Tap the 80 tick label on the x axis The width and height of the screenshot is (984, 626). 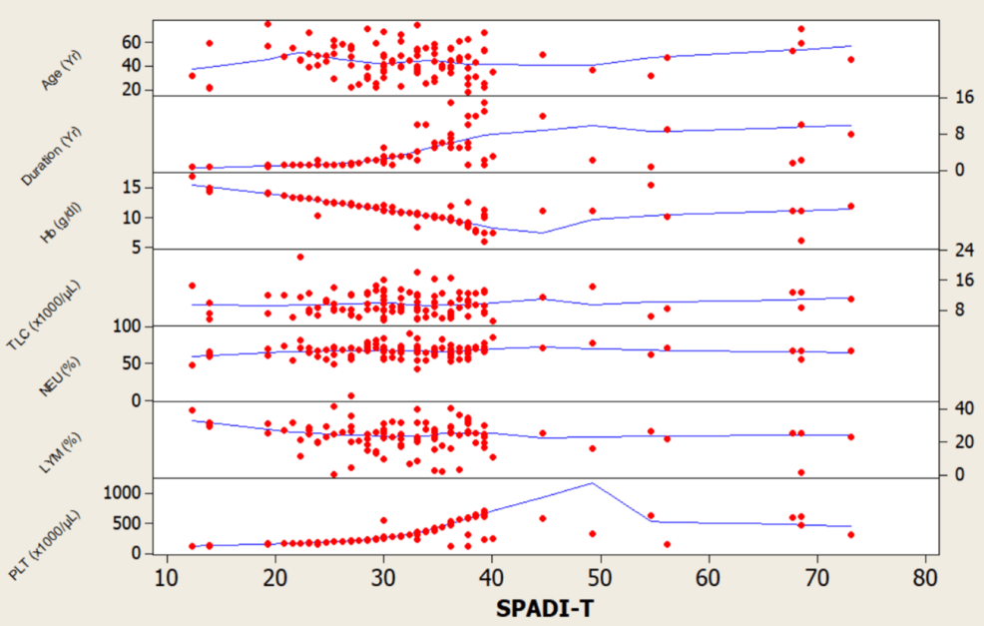click(x=925, y=576)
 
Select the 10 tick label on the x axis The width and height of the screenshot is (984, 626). click(x=166, y=576)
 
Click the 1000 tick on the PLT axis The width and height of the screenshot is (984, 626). click(x=128, y=493)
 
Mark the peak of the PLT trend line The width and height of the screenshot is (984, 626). click(x=592, y=483)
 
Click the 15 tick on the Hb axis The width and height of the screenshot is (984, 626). click(x=137, y=187)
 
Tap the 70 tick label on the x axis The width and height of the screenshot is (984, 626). click(x=816, y=576)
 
